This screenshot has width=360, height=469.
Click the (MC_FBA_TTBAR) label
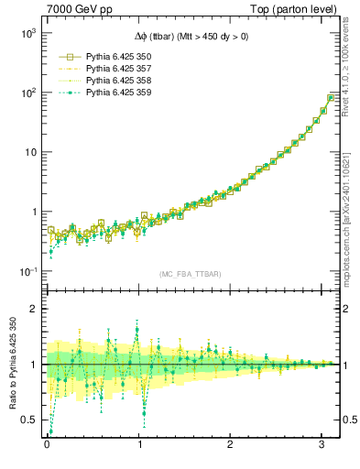(190, 274)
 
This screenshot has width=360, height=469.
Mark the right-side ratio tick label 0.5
(348, 420)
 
